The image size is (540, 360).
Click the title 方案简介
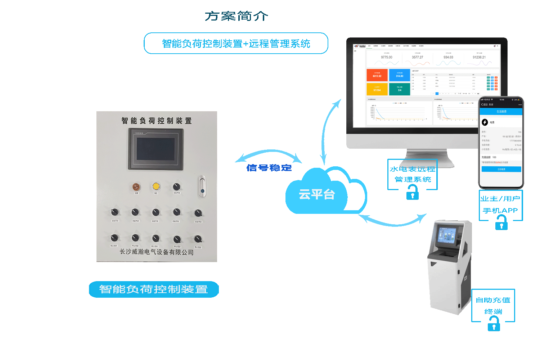pos(237,16)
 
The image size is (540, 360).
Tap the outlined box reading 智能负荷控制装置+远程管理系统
pos(236,44)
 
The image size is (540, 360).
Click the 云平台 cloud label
pos(317,194)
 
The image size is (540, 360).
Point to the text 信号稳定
pos(269,168)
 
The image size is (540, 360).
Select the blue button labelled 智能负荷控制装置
pos(154,289)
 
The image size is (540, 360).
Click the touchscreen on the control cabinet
pos(156,149)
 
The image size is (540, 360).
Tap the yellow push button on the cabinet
pos(156,186)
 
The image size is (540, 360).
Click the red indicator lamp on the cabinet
pos(136,187)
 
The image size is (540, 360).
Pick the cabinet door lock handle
pos(202,186)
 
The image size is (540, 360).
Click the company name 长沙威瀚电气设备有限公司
pos(157,252)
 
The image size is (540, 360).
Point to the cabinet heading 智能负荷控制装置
pos(157,121)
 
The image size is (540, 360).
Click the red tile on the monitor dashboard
pos(377,75)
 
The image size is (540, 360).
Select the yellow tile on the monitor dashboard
pos(377,89)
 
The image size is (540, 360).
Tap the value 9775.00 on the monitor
pos(387,57)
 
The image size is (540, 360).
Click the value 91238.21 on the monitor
pos(479,57)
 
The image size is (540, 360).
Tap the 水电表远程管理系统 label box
pos(413,174)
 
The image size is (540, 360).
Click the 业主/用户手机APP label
pos(500,204)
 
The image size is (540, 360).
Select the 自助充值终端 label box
pos(493,305)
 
